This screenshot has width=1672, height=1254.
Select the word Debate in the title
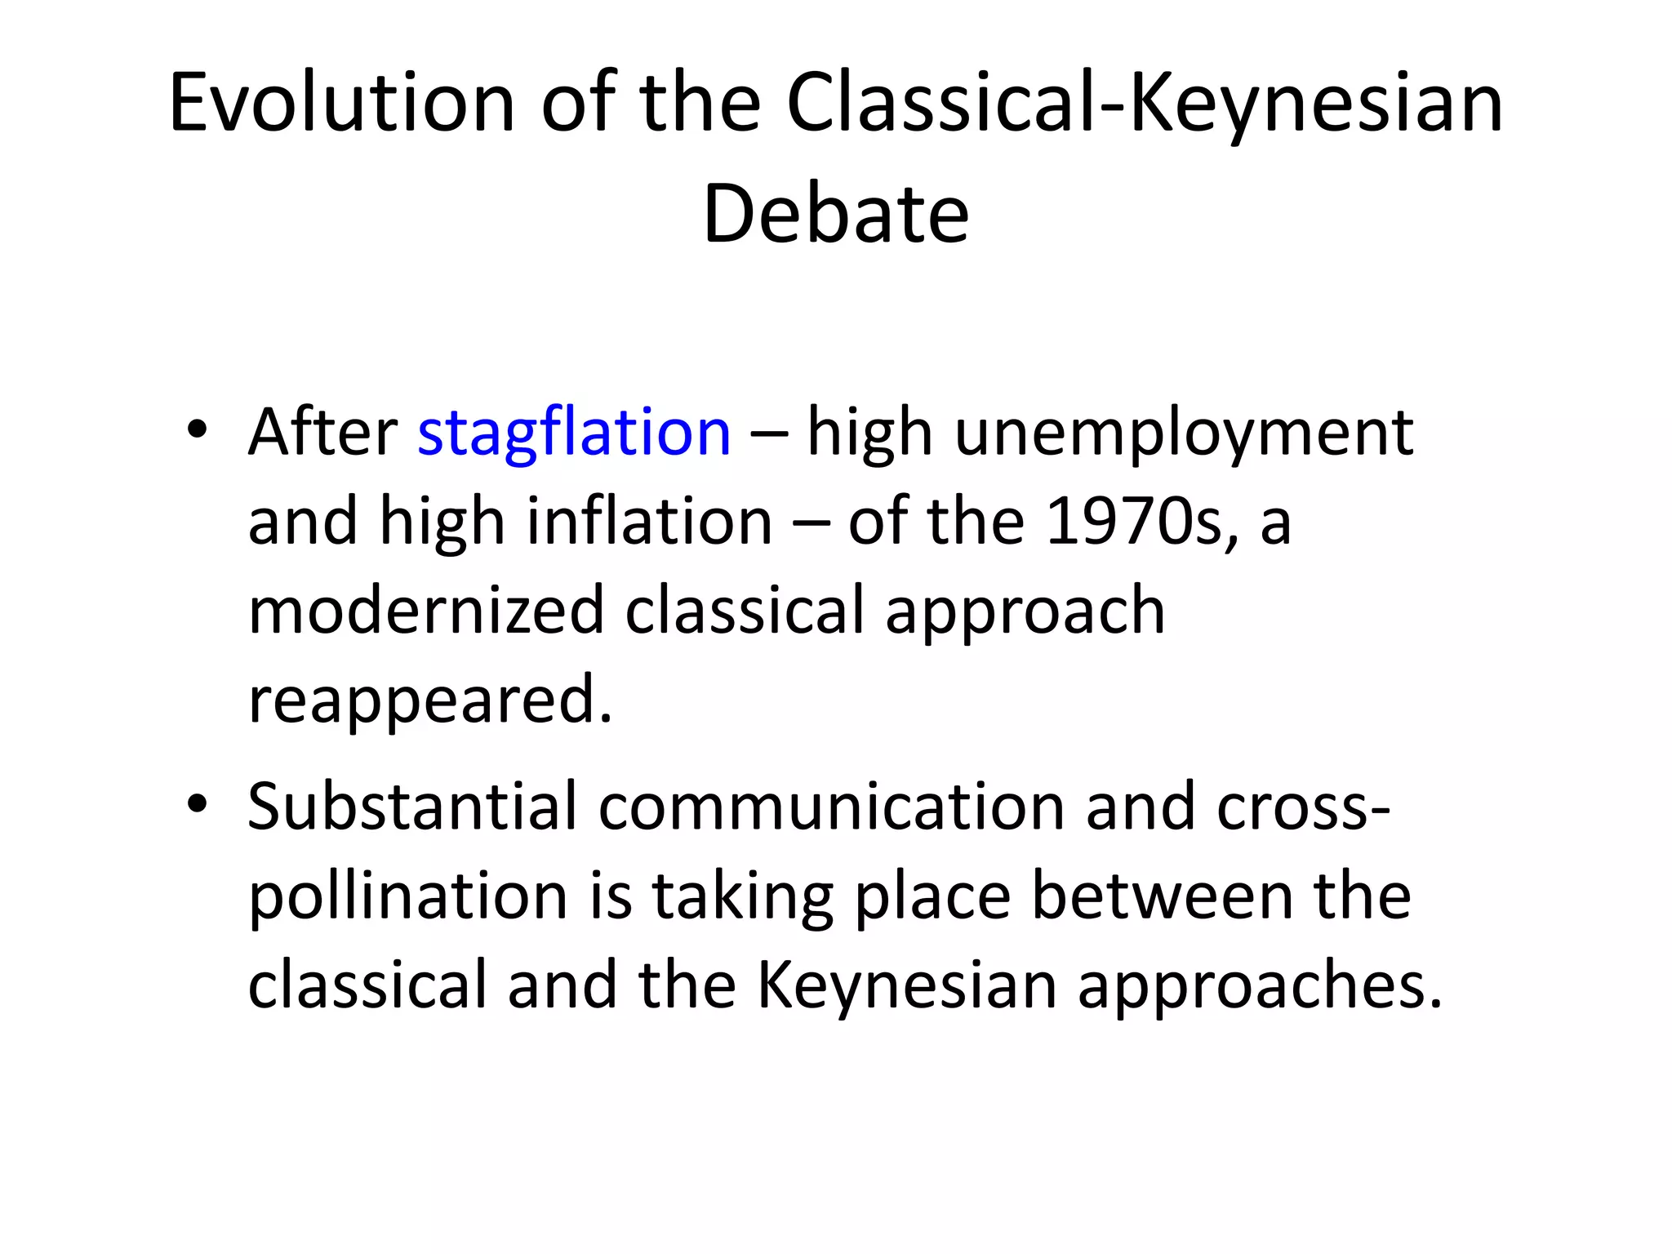pyautogui.click(x=835, y=214)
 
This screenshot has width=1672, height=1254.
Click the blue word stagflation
pyautogui.click(x=574, y=432)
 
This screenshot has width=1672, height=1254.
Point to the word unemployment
pyautogui.click(x=1183, y=434)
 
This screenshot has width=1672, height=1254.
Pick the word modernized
pyautogui.click(x=425, y=610)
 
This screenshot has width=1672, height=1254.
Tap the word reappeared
pyautogui.click(x=429, y=700)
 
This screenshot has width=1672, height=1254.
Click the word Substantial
pyautogui.click(x=412, y=806)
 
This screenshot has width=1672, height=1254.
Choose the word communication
pyautogui.click(x=831, y=806)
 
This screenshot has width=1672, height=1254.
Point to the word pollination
pyautogui.click(x=407, y=896)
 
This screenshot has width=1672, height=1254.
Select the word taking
pyautogui.click(x=742, y=897)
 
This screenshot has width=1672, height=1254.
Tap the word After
pyautogui.click(x=322, y=432)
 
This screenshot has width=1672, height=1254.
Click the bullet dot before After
pyautogui.click(x=197, y=429)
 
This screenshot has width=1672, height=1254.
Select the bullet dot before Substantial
pyautogui.click(x=197, y=803)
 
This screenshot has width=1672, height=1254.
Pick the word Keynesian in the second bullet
pyautogui.click(x=907, y=986)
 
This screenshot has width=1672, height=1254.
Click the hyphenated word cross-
pyautogui.click(x=1303, y=806)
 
